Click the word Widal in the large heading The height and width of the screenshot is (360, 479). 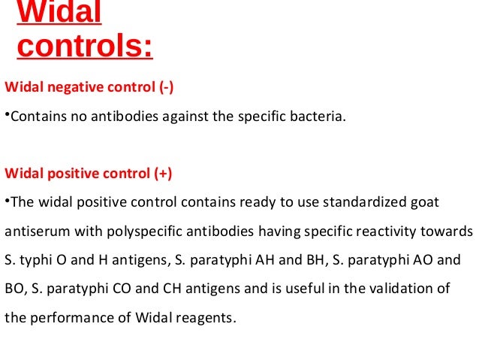[x=59, y=14]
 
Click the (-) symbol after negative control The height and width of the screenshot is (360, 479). [x=166, y=87]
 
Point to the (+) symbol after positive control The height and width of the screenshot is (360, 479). [x=164, y=174]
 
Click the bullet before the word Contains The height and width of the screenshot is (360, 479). [x=7, y=116]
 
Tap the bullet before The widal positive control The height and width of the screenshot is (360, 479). [x=7, y=203]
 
